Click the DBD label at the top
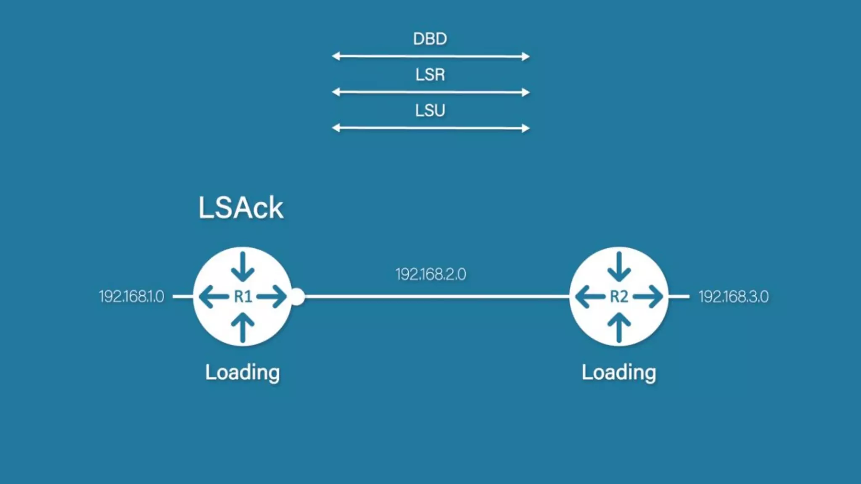(x=430, y=39)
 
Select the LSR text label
(x=430, y=75)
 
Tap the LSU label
(x=430, y=110)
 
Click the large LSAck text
(x=240, y=208)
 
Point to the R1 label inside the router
(x=243, y=297)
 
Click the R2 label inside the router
(x=619, y=297)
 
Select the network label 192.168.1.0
(x=132, y=297)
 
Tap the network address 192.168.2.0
(x=430, y=274)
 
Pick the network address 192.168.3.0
(x=733, y=297)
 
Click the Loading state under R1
(x=242, y=372)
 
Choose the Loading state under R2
(x=618, y=372)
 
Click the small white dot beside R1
(x=298, y=297)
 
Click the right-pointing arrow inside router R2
(x=648, y=297)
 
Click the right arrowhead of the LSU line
(x=526, y=128)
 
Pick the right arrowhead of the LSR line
(x=526, y=92)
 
